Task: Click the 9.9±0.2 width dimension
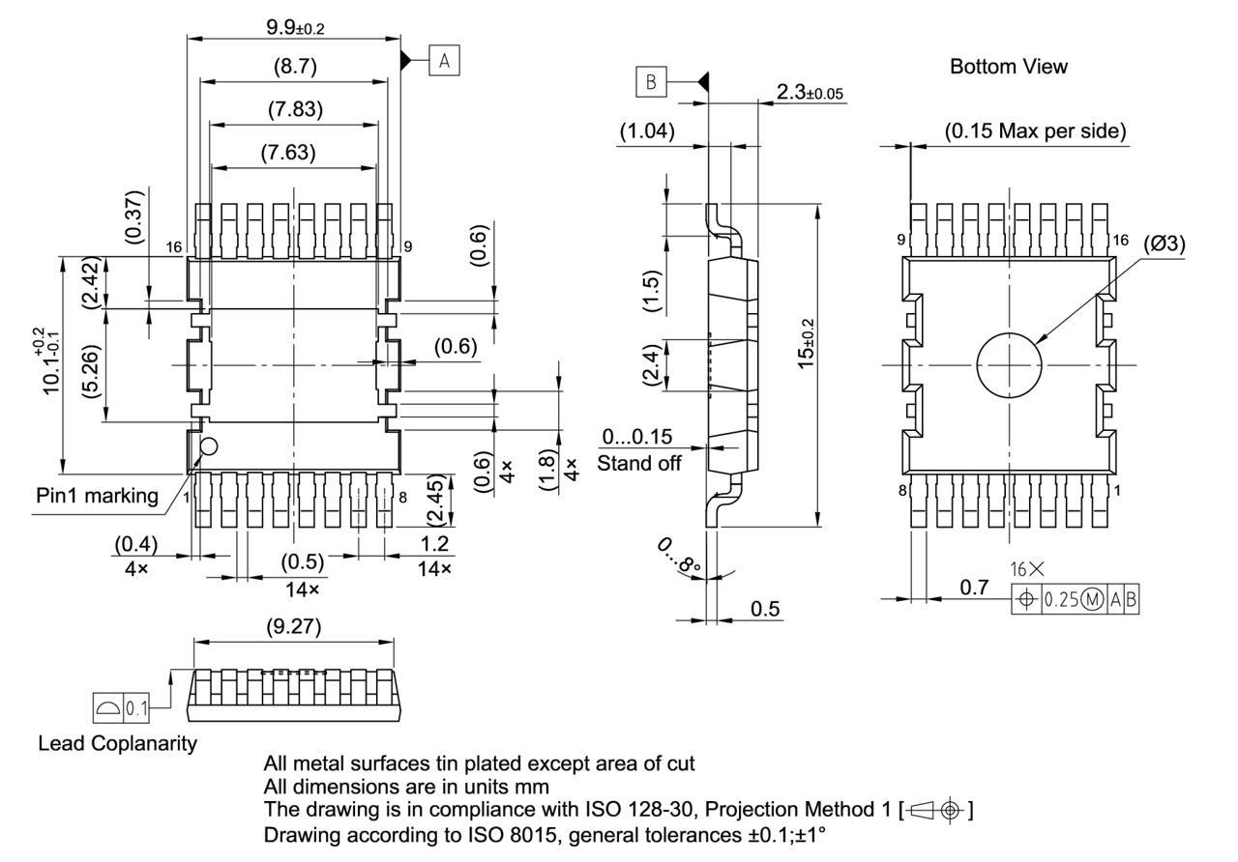[x=295, y=27]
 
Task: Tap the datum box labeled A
[x=444, y=60]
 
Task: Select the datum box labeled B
[x=651, y=83]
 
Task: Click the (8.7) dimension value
[x=294, y=68]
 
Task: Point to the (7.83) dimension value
[x=294, y=109]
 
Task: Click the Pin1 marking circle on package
[x=209, y=446]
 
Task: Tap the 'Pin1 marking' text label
[x=97, y=496]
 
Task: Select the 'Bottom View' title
[x=1008, y=67]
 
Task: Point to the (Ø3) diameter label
[x=1164, y=244]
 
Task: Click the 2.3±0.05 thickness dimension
[x=810, y=93]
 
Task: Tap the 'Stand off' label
[x=638, y=463]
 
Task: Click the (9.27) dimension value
[x=294, y=626]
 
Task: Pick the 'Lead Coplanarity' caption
[x=117, y=743]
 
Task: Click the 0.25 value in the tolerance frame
[x=1059, y=600]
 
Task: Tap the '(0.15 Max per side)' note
[x=1034, y=131]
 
